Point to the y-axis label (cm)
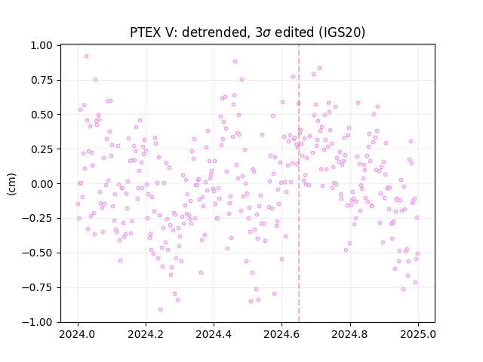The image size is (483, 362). [11, 184]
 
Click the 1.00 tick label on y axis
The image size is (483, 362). [42, 45]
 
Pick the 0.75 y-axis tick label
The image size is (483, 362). [42, 80]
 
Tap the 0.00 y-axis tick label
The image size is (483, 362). [42, 184]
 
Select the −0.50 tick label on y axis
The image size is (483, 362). [37, 253]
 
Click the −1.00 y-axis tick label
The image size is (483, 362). [37, 322]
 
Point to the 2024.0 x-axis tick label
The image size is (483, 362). [78, 335]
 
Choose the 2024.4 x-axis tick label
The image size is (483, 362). [214, 335]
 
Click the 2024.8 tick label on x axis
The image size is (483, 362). [350, 335]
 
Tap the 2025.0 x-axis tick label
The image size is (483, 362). [418, 335]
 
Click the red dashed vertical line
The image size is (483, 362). [299, 183]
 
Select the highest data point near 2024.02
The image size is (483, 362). [86, 57]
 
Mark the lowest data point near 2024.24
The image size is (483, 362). [160, 310]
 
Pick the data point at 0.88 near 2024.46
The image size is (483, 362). [235, 62]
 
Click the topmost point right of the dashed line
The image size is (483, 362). [320, 69]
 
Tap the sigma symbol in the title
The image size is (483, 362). [267, 33]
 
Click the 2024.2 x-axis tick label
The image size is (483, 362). [146, 335]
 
